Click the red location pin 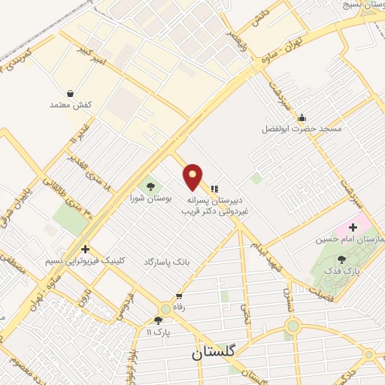193,177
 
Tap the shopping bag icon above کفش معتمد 70,94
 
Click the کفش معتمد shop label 70,105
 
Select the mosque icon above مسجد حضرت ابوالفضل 302,117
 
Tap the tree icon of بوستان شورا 151,186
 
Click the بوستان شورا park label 152,199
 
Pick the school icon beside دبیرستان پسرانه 214,188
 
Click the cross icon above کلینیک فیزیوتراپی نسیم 86,249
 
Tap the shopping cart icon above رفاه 178,296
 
